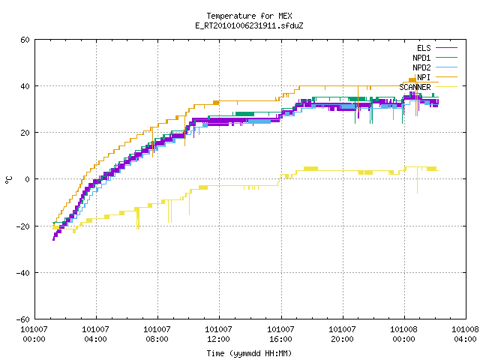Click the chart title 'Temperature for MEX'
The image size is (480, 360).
[249, 16]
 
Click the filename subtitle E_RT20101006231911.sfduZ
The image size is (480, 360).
[249, 25]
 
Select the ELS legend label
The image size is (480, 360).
[424, 48]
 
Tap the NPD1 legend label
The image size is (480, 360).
[421, 58]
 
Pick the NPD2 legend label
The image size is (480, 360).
[421, 67]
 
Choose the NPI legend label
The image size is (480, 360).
[424, 77]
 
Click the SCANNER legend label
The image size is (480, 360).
[415, 87]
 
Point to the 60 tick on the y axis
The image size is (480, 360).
[25, 40]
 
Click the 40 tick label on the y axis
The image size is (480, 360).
[25, 86]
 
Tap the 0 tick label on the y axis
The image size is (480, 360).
[27, 179]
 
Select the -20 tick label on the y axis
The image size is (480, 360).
[23, 226]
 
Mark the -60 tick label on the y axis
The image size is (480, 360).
[23, 319]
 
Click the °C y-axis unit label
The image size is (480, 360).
[9, 180]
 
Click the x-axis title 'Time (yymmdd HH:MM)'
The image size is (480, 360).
[249, 353]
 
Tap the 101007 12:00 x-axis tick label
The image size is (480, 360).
[218, 334]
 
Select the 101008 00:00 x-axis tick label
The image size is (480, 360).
[403, 334]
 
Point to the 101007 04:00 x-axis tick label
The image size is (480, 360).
[95, 334]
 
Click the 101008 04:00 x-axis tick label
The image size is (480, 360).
[465, 334]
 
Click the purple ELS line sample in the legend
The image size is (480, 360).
[447, 48]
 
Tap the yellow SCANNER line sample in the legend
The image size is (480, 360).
[447, 87]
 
